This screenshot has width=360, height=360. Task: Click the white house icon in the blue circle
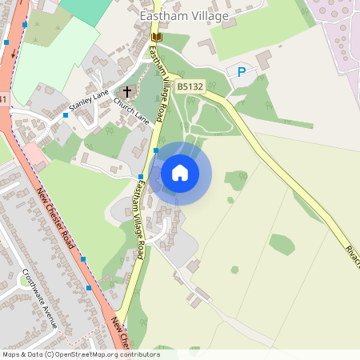180,173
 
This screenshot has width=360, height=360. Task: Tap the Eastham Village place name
183,15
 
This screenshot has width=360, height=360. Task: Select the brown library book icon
156,37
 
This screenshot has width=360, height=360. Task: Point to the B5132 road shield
190,86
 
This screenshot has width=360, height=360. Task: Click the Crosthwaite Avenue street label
40,296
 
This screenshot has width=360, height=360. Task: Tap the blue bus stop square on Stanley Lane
66,115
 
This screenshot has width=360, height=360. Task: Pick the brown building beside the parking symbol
263,60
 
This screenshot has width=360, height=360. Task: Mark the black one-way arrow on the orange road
14,54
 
